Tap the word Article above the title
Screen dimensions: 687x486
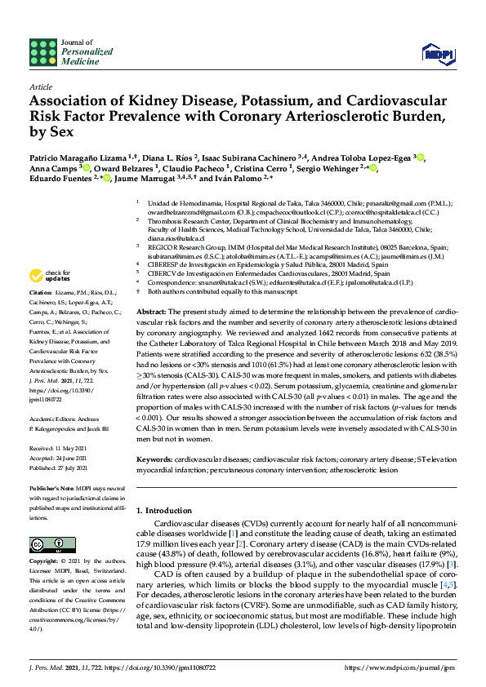pos(40,86)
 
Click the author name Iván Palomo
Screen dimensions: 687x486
pos(241,178)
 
